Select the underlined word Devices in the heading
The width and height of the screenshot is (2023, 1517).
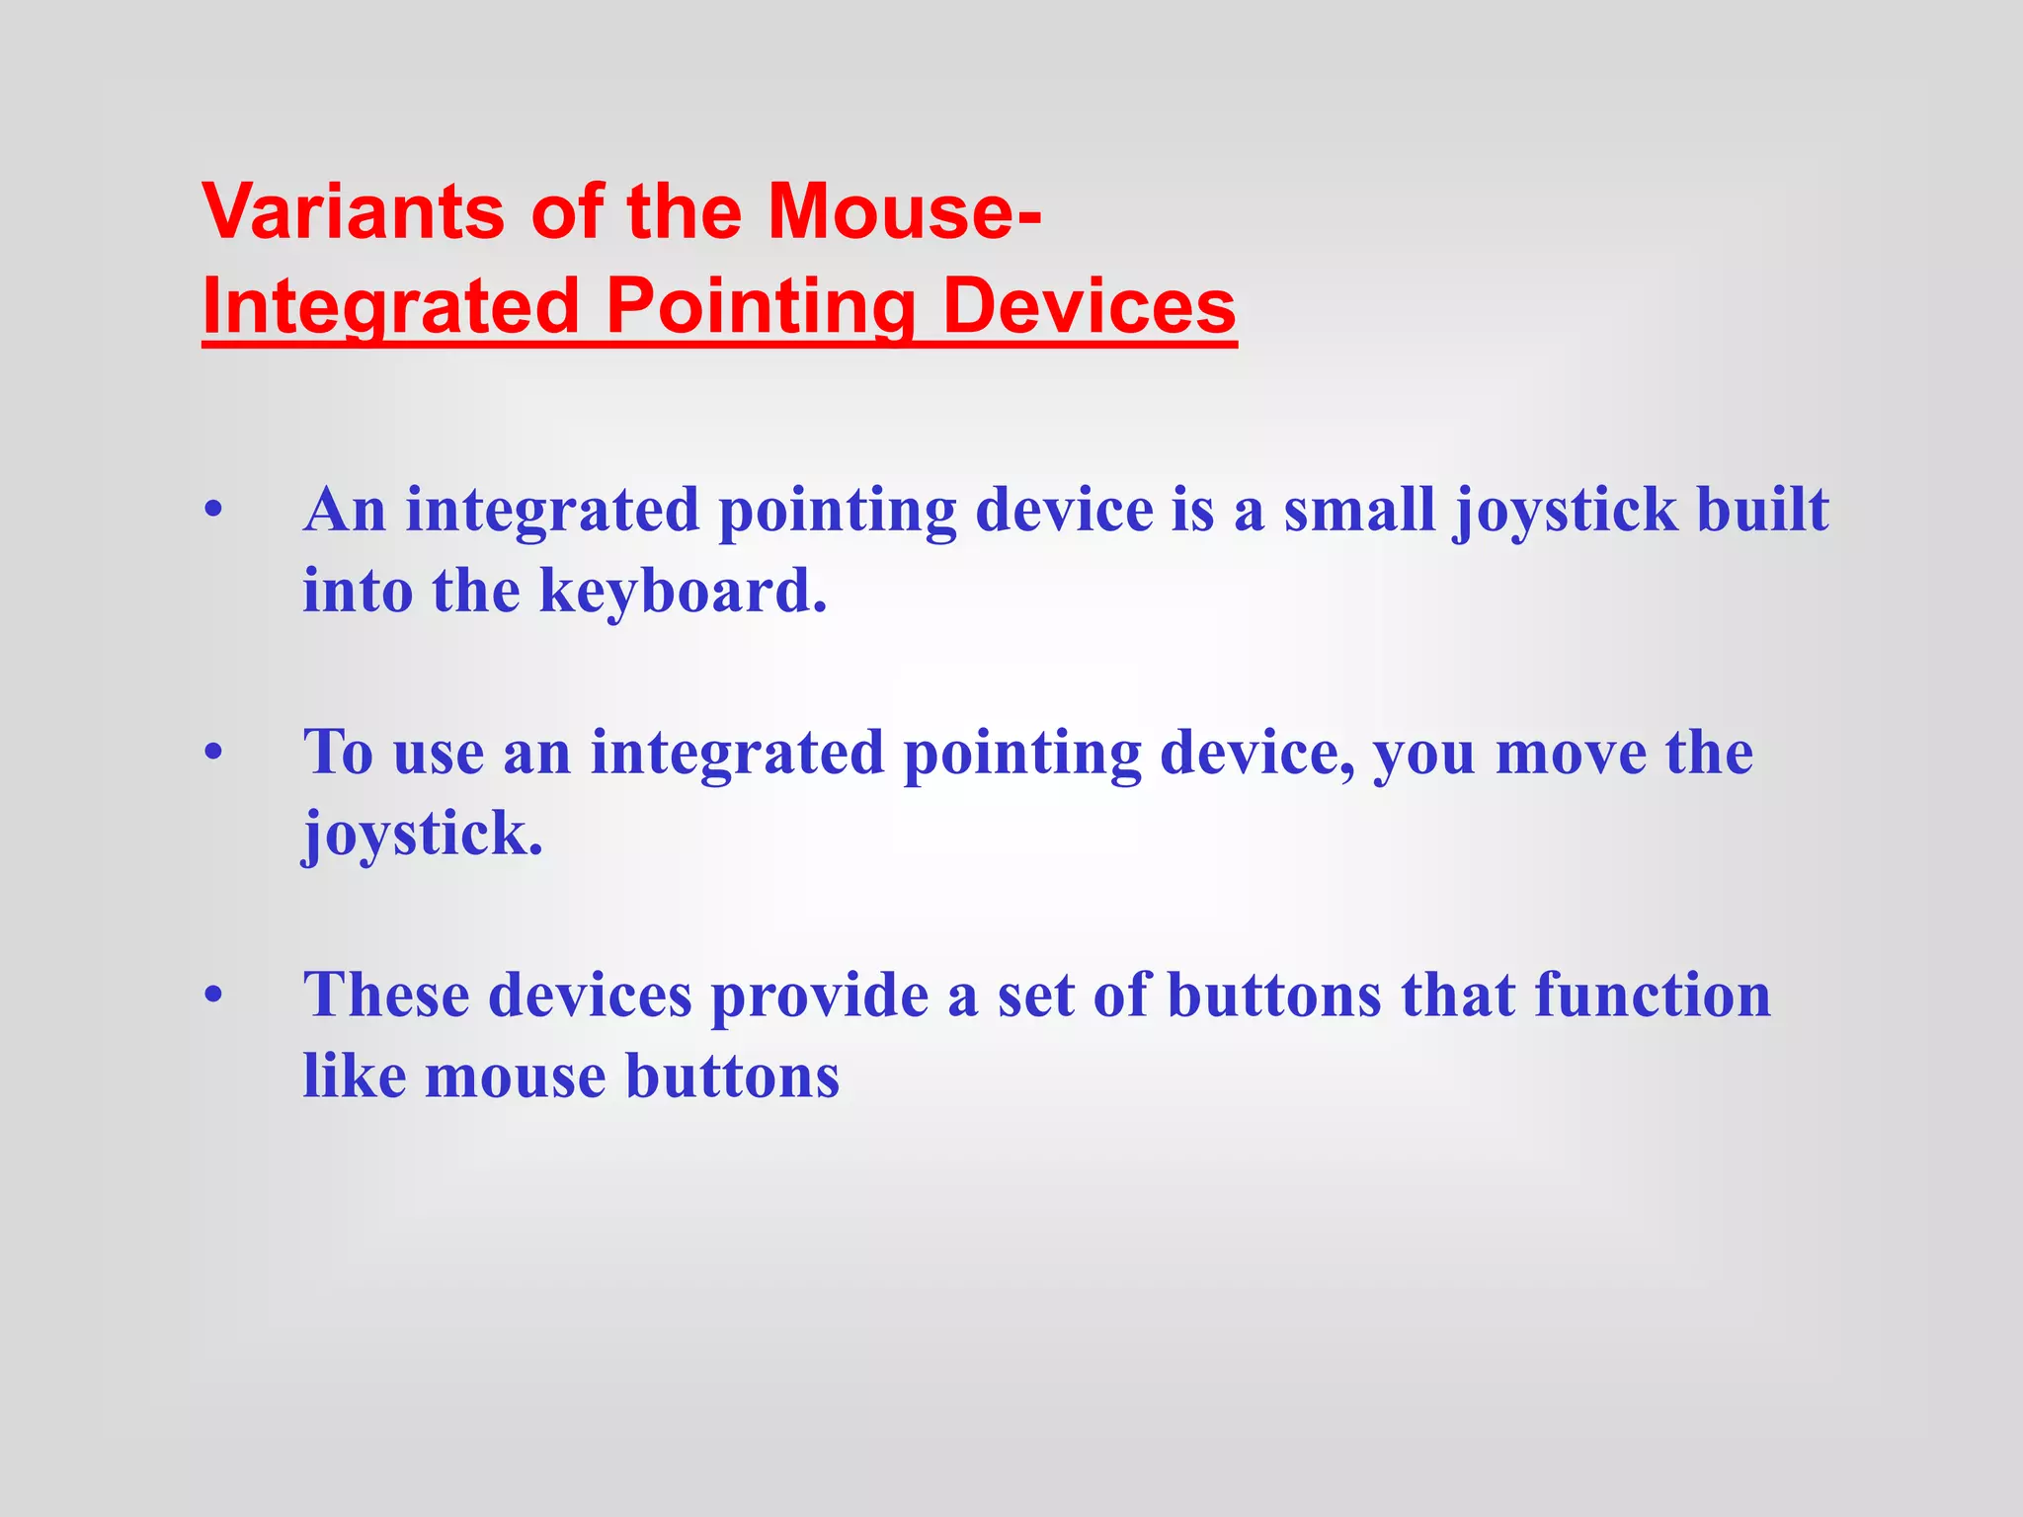click(x=1089, y=306)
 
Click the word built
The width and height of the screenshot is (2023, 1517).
click(x=1761, y=511)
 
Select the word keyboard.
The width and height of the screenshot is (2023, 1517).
click(x=682, y=592)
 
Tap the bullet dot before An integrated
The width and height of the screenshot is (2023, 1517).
click(x=213, y=513)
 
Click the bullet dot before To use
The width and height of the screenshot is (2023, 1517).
click(x=213, y=755)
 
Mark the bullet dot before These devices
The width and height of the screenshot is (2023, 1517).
click(x=213, y=997)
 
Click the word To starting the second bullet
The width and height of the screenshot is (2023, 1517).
click(x=338, y=753)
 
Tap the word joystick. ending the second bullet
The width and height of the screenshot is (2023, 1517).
click(x=423, y=836)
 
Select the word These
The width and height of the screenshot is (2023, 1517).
click(x=385, y=995)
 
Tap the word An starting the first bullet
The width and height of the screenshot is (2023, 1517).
click(x=344, y=511)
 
